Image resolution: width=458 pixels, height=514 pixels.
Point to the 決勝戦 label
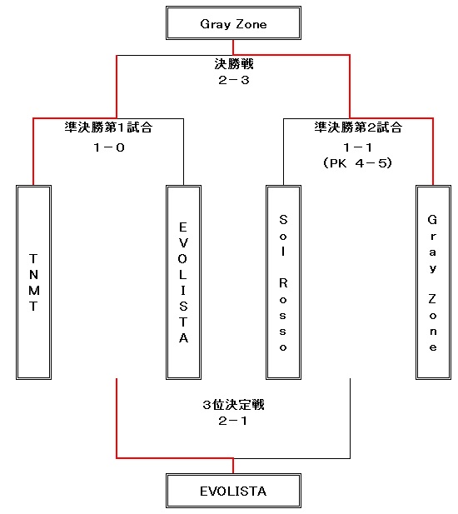[x=234, y=64]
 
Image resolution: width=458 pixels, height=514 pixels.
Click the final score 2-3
[x=234, y=80]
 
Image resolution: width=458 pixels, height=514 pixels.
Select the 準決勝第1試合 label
[x=108, y=127]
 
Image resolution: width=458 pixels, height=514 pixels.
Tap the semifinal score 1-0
[x=109, y=147]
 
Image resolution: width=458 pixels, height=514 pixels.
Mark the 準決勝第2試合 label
[x=358, y=127]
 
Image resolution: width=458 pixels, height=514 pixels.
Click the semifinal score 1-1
[x=358, y=147]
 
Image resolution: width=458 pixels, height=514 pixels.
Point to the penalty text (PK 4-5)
[x=358, y=163]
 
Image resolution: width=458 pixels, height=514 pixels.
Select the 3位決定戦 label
[x=234, y=405]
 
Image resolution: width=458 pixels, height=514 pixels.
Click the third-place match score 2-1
[x=233, y=421]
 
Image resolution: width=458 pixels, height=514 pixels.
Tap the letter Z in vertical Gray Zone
[x=432, y=299]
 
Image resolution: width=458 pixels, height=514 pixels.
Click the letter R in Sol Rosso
[x=283, y=283]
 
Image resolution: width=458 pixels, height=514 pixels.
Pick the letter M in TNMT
[x=34, y=291]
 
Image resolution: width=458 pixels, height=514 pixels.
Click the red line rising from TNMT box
[x=33, y=152]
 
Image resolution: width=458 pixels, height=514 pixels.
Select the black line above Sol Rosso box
[x=283, y=152]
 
